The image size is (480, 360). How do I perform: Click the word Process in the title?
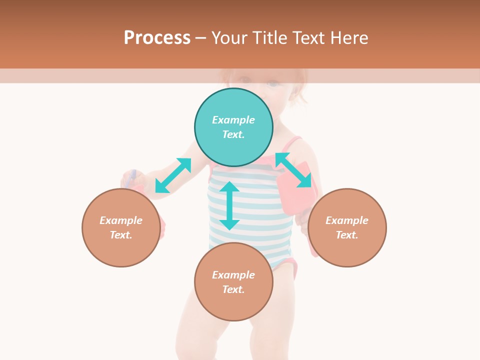tap(157, 37)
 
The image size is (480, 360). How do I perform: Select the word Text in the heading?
tap(307, 37)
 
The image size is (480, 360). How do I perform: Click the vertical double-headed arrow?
tap(229, 205)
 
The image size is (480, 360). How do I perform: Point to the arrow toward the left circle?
tap(173, 175)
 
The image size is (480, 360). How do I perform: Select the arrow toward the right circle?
tap(293, 170)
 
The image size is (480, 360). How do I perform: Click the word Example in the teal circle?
tap(233, 120)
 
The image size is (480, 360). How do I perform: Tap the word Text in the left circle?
tap(121, 235)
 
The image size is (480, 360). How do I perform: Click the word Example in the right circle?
tap(347, 220)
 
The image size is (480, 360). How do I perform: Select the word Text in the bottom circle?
tap(233, 289)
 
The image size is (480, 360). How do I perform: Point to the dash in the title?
tap(200, 38)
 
